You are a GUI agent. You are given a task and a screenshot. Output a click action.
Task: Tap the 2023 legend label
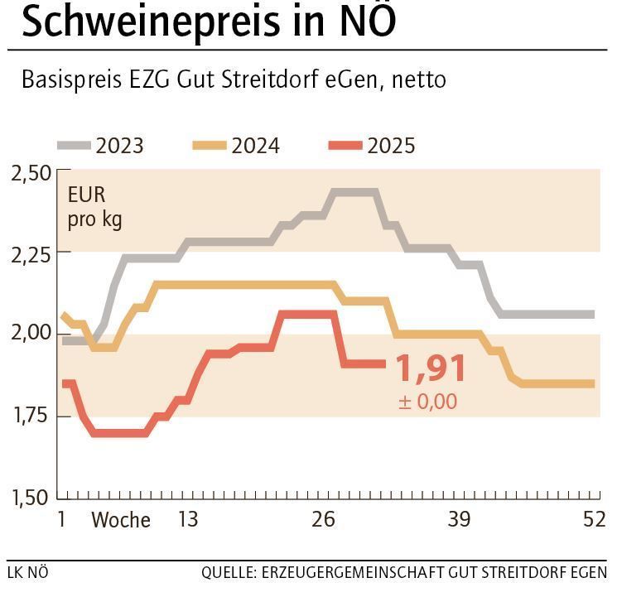click(119, 147)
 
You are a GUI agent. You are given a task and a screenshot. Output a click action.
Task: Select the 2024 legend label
click(255, 147)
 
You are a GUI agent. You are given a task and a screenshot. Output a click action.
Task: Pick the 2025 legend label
click(391, 147)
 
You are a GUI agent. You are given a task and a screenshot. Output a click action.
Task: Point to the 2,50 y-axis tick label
click(31, 174)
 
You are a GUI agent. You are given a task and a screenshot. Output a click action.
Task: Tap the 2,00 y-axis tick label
click(31, 334)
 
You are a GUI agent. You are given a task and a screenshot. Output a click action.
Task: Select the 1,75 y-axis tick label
click(31, 416)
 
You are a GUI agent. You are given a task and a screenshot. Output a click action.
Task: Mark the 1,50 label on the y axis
click(31, 498)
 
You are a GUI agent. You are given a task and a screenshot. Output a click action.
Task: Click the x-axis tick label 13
click(188, 519)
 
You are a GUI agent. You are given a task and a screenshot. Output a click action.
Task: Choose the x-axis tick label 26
click(323, 519)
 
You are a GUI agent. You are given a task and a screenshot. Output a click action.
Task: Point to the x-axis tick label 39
click(459, 519)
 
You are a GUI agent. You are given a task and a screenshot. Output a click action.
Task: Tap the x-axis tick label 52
click(594, 519)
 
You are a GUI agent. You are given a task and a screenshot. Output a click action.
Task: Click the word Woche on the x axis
click(121, 520)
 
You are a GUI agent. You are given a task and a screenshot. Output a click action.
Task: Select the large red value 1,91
click(431, 369)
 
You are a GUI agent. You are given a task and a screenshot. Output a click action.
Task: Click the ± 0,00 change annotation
click(427, 402)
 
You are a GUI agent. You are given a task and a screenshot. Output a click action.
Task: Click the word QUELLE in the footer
click(228, 573)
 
